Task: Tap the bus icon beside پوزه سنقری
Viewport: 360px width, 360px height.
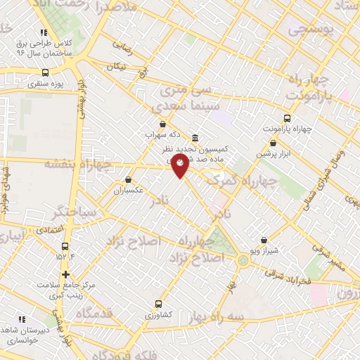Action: coord(46,72)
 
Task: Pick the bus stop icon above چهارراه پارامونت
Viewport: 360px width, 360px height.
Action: coord(286,118)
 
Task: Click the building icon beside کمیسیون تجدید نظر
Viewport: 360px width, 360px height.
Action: coord(195,138)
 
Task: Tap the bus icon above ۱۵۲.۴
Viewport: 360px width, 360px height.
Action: coord(65,246)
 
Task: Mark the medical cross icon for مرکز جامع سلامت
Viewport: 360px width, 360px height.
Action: coord(65,274)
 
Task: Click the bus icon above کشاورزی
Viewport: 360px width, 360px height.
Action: coord(158,304)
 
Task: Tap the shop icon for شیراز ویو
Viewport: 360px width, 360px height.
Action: coord(264,240)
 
